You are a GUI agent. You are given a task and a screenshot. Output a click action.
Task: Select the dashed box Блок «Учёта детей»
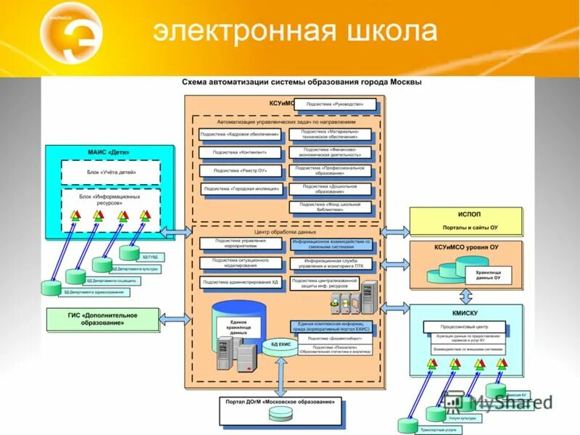109,173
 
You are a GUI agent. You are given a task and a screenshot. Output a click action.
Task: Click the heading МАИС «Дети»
109,153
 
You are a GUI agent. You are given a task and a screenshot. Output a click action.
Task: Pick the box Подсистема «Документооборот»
332,338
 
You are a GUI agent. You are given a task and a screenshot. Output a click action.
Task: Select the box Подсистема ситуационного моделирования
239,263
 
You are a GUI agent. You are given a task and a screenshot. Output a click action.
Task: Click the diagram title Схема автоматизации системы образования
301,82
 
